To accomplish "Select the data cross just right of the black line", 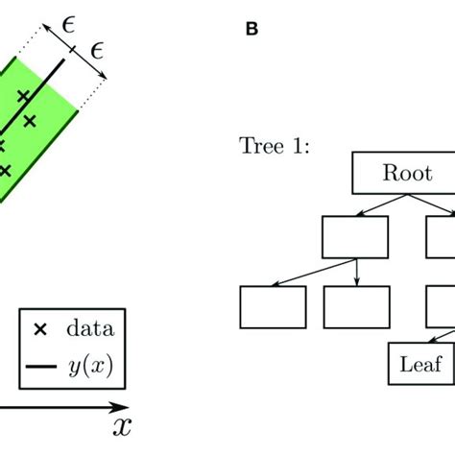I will pyautogui.click(x=30, y=120).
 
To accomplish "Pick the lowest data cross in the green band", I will pyautogui.click(x=5, y=170).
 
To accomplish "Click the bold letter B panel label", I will pyautogui.click(x=251, y=29).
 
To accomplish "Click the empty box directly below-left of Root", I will pyautogui.click(x=355, y=237).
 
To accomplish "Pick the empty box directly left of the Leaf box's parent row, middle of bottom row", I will pyautogui.click(x=356, y=307).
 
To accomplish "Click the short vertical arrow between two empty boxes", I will pyautogui.click(x=357, y=272).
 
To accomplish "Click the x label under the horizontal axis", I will pyautogui.click(x=121, y=425).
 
